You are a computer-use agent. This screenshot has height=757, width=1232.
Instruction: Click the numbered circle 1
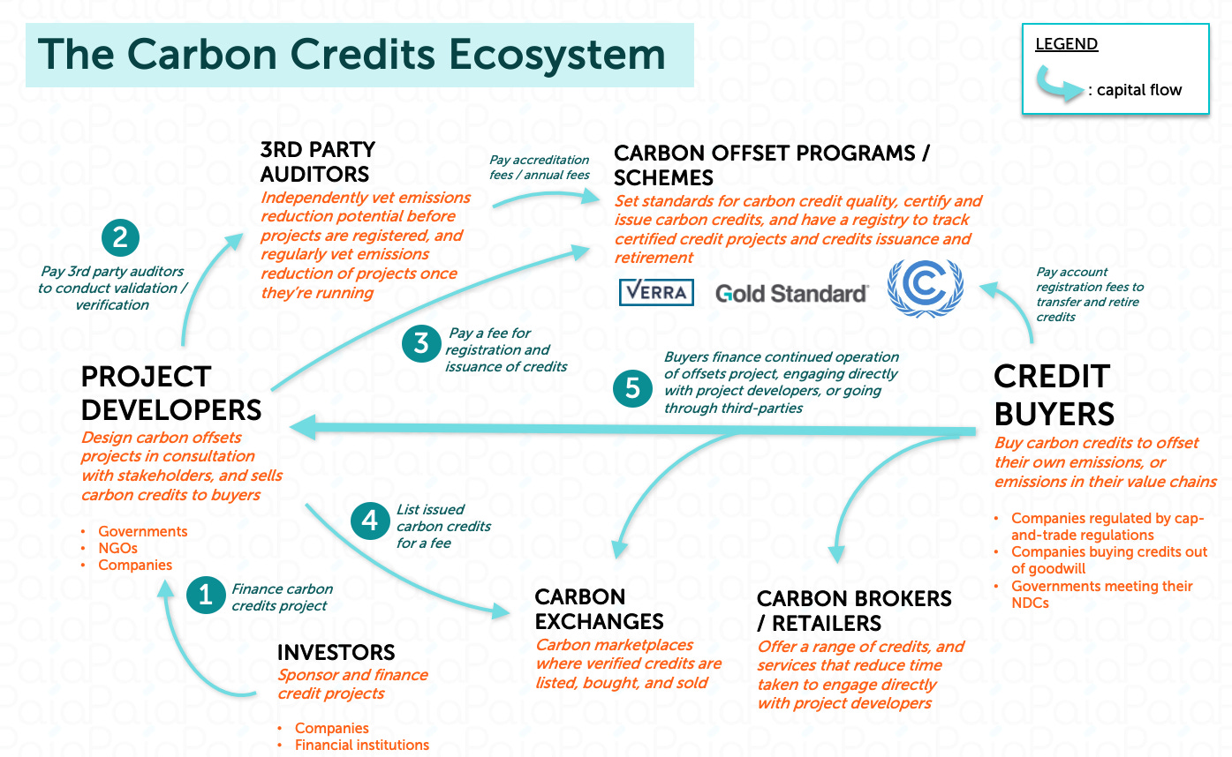[206, 595]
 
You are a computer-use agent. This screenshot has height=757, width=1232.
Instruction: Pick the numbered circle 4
[369, 520]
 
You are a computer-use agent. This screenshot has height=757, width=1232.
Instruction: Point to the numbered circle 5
[632, 389]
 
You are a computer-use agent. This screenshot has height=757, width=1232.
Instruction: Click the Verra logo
[656, 292]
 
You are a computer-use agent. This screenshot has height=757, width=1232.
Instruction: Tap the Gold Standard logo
[792, 293]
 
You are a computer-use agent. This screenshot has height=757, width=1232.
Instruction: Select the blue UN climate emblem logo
[925, 289]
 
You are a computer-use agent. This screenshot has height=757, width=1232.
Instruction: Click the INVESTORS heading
[336, 652]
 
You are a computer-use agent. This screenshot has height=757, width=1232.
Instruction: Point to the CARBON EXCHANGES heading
[599, 609]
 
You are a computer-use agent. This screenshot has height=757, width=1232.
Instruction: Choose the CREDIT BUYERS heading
[1054, 394]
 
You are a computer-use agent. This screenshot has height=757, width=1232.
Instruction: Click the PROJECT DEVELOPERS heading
[170, 393]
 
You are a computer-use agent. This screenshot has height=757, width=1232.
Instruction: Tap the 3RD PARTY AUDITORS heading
[317, 161]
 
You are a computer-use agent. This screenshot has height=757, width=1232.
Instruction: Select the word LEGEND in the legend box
[1066, 44]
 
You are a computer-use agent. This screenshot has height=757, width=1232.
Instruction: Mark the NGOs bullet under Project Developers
[117, 548]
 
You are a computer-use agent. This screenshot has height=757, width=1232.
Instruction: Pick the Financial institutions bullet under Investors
[361, 745]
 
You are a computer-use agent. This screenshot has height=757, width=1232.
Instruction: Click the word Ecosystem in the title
[556, 55]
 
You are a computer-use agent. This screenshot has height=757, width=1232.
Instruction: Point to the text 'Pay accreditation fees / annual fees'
[539, 167]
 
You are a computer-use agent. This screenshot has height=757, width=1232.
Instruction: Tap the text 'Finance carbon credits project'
[282, 597]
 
